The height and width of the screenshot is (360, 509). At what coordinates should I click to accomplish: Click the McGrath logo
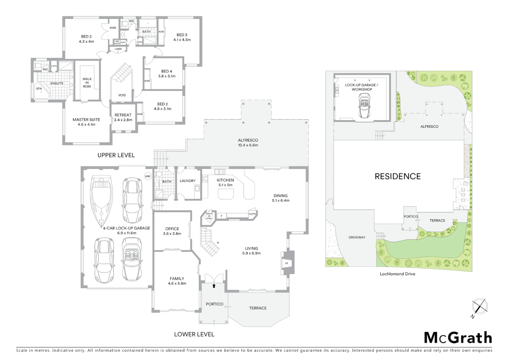click(x=458, y=338)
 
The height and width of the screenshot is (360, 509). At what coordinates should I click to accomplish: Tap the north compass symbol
click(x=479, y=307)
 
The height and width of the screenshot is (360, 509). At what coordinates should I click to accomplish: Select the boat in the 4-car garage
click(x=101, y=201)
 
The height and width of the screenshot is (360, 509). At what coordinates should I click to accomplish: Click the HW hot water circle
click(x=148, y=176)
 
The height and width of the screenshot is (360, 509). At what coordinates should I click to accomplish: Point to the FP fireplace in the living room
click(x=286, y=263)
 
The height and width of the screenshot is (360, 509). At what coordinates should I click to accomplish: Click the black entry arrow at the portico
click(x=214, y=286)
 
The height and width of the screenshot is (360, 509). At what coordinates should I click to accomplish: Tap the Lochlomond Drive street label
click(x=397, y=274)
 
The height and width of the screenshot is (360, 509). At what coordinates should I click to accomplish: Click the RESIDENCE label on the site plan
click(x=397, y=176)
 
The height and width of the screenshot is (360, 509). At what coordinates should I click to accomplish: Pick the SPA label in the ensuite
click(x=39, y=89)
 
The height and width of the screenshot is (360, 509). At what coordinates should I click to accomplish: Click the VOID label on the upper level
click(x=122, y=95)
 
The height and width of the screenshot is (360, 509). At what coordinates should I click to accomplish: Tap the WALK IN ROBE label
click(x=87, y=83)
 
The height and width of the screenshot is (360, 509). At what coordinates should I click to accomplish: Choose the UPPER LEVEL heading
click(x=116, y=155)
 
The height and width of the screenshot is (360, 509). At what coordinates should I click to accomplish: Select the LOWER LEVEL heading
click(x=194, y=334)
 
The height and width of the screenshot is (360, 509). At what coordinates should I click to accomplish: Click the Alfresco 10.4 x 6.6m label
click(x=248, y=143)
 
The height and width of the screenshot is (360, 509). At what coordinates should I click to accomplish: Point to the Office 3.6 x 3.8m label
click(x=172, y=231)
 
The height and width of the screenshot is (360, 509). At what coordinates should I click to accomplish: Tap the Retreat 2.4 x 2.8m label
click(x=123, y=117)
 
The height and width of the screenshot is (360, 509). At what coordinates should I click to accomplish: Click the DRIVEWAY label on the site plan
click(x=357, y=237)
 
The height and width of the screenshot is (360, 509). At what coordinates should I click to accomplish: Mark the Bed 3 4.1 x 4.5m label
click(x=182, y=37)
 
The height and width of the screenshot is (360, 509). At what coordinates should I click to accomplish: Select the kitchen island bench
click(x=226, y=194)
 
